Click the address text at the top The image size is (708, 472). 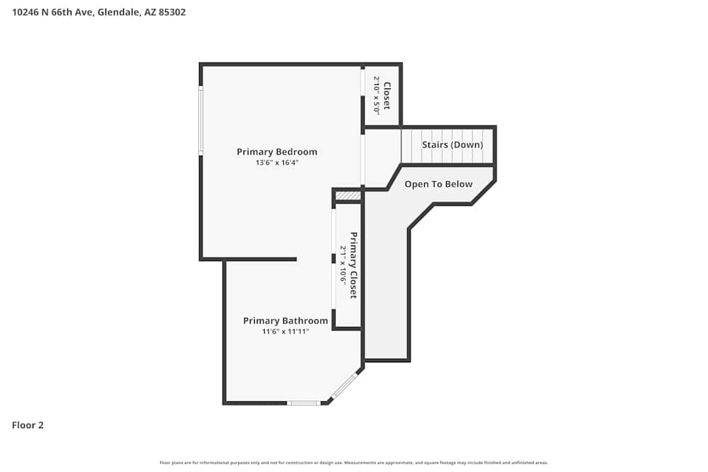pos(99,12)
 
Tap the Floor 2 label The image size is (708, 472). pos(28,425)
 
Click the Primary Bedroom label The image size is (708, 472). pos(277,151)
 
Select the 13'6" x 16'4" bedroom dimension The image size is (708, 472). pos(277,163)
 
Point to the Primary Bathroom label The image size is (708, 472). pos(285,321)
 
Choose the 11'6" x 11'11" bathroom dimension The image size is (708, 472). pos(285,331)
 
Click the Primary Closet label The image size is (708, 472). pos(353,265)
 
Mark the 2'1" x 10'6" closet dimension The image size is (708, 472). pos(343,265)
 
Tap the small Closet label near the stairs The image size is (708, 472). pos(387,96)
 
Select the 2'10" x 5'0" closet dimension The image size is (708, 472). pos(377,96)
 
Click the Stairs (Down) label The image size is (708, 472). pos(452,145)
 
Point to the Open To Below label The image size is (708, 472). pos(438,184)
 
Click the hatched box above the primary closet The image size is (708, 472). pos(348,195)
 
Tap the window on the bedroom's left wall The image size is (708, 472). pos(201,120)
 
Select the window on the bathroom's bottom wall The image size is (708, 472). pos(304,403)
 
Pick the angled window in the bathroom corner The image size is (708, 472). pos(345,385)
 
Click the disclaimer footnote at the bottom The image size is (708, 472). pos(354,463)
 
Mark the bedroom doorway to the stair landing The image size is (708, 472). pos(363,161)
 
